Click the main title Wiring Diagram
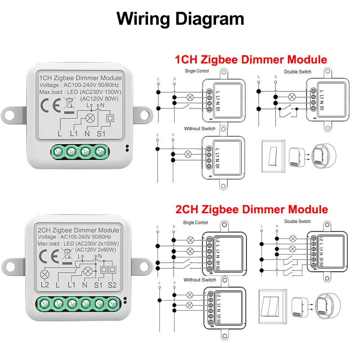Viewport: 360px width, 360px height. point(180,18)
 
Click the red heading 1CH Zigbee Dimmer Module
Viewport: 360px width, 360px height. point(251,59)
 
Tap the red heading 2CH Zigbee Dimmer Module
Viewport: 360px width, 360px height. point(251,209)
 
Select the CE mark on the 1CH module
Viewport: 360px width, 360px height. point(48,107)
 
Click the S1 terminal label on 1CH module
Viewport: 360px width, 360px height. point(100,133)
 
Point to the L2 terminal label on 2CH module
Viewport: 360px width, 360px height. point(44,285)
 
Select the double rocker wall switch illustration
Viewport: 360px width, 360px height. point(273,306)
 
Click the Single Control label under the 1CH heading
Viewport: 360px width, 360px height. point(196,71)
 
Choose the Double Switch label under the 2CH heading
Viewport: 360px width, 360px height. point(297,221)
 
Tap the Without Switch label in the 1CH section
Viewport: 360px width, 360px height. point(199,129)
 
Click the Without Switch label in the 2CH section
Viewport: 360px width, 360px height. point(199,279)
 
